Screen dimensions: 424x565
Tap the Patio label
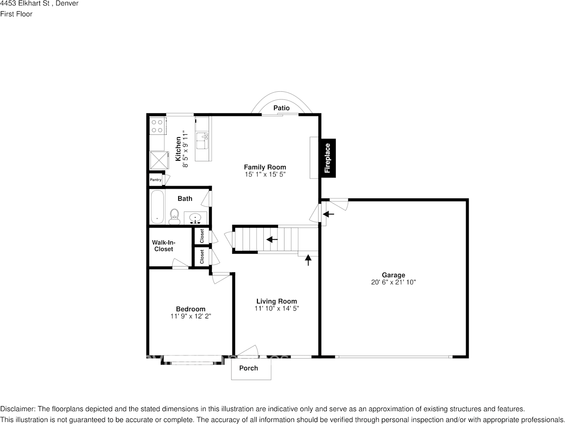282,108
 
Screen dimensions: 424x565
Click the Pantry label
155,180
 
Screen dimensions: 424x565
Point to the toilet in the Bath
174,216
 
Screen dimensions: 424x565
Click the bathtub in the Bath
157,207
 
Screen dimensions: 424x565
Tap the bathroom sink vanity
196,218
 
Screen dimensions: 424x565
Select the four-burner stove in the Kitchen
157,126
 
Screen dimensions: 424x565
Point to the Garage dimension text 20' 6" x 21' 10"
394,283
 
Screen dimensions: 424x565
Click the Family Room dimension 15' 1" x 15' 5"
265,174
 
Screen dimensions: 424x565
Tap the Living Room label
276,301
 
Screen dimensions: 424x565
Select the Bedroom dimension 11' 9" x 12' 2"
190,316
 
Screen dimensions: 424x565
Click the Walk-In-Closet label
163,246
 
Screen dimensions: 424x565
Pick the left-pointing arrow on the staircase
271,240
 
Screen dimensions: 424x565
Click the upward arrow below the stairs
308,260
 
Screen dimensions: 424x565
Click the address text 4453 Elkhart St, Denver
39,4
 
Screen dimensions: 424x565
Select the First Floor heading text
16,14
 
